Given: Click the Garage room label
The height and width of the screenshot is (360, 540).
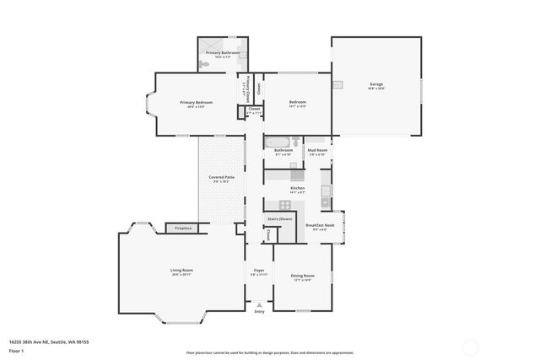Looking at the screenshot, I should pyautogui.click(x=376, y=85).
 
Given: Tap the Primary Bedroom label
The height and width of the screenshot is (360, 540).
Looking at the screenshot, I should pyautogui.click(x=196, y=103).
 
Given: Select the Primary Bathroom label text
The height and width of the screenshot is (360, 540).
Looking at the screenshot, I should pyautogui.click(x=223, y=52).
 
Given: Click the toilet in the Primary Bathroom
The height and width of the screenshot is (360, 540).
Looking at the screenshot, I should pyautogui.click(x=205, y=65).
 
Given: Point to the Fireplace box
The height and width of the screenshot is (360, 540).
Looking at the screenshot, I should pyautogui.click(x=182, y=228).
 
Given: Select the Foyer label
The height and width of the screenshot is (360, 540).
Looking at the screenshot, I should pyautogui.click(x=259, y=271).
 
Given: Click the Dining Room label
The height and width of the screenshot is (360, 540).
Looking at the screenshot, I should pyautogui.click(x=303, y=276).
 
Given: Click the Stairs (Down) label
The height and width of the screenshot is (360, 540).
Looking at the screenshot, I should pyautogui.click(x=279, y=218).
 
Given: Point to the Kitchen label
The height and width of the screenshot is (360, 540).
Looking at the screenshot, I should pyautogui.click(x=297, y=189).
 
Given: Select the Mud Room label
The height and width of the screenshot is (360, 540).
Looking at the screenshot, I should pyautogui.click(x=317, y=151).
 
